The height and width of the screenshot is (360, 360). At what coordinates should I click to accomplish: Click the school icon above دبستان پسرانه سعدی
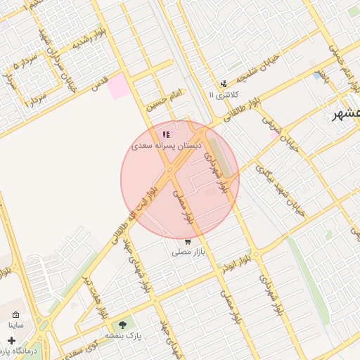point(166,134)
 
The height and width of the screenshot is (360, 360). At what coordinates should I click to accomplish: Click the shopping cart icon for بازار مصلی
point(187,241)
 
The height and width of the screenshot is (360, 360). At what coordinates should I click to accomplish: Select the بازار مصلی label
point(187,251)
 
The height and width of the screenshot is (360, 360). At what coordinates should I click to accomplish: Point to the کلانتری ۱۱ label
point(224,94)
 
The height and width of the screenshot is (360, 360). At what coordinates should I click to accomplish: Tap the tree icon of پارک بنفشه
point(124,325)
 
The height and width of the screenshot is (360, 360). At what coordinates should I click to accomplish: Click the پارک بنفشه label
point(124,335)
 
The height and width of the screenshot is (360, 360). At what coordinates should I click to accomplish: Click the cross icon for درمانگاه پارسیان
point(11,340)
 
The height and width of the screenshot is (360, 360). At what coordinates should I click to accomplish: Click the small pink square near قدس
point(119,86)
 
